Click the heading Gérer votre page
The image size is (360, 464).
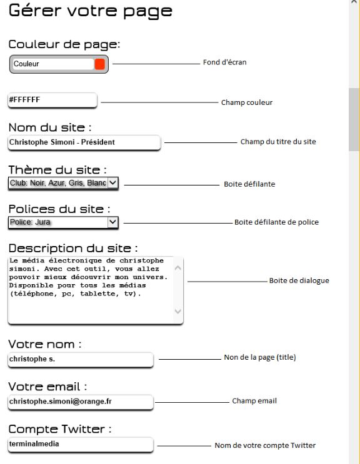click(90, 11)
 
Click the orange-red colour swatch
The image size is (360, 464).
click(100, 64)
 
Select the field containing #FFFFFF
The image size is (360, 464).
click(52, 99)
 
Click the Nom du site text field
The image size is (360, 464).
click(84, 142)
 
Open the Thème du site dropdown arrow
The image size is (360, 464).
click(112, 182)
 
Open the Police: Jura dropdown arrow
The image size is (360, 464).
click(112, 221)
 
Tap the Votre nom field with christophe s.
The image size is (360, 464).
click(80, 359)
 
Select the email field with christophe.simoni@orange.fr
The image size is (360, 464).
click(80, 402)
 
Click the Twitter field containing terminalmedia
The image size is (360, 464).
click(80, 444)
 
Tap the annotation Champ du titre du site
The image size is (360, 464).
click(278, 142)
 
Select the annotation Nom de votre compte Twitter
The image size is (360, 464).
click(265, 445)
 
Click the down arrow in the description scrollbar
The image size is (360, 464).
click(177, 310)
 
